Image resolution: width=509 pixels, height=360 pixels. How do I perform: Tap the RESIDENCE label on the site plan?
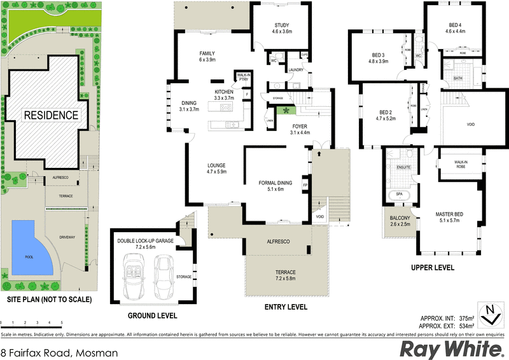51,115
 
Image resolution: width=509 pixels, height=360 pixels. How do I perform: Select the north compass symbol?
490,312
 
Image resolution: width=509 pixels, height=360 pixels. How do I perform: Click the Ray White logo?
449,349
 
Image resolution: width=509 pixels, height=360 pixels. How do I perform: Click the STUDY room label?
282,25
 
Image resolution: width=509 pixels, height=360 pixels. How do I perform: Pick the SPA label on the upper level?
400,193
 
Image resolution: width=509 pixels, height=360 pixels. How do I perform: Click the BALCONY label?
400,219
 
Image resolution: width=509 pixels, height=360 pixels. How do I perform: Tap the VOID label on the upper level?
471,125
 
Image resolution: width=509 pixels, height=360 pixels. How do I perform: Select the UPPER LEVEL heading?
433,268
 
